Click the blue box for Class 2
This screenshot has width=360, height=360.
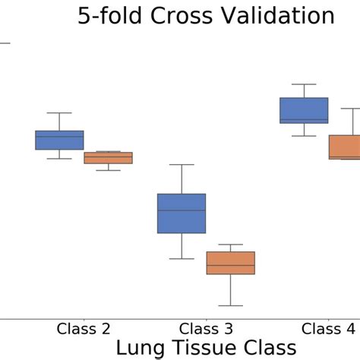(x=59, y=140)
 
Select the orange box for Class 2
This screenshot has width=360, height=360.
(x=108, y=158)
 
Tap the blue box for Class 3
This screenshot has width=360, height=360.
(x=182, y=213)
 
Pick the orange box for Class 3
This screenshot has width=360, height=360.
(x=230, y=263)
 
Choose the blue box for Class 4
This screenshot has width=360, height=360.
(x=304, y=110)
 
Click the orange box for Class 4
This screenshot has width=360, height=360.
(x=345, y=147)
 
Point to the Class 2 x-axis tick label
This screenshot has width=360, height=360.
(x=84, y=329)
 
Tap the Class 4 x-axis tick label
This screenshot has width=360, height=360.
(x=328, y=329)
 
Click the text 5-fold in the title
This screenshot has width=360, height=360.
(x=113, y=17)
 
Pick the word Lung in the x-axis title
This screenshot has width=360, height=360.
(x=141, y=348)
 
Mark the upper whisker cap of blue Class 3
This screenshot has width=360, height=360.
(x=182, y=165)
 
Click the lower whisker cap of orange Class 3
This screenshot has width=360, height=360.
(x=230, y=305)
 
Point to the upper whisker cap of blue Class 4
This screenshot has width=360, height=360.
(x=304, y=84)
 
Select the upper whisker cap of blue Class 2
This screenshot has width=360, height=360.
(x=59, y=113)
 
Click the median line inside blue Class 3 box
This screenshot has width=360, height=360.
(x=182, y=210)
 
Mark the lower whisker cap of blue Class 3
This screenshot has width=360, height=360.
(x=182, y=259)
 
